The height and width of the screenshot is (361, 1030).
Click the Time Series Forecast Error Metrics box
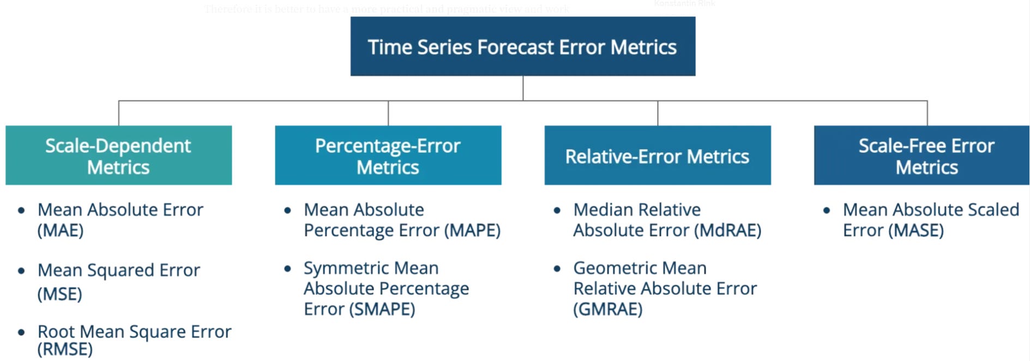click(x=522, y=46)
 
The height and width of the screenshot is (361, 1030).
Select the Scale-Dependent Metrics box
click(x=118, y=156)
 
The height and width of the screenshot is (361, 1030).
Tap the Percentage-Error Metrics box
click(x=388, y=156)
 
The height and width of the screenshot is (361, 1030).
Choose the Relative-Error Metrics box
click(x=657, y=156)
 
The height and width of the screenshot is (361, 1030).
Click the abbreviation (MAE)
click(x=61, y=230)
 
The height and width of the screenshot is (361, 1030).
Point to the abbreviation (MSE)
click(x=60, y=294)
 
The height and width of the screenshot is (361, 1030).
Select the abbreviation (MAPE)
click(x=472, y=230)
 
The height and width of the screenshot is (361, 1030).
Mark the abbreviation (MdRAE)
click(x=727, y=230)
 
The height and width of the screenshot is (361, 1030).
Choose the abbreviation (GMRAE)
click(x=608, y=310)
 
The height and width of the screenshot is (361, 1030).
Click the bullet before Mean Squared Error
click(x=21, y=270)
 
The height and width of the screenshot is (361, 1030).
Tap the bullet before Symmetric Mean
click(x=287, y=268)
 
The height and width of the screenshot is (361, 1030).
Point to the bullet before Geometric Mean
click(x=557, y=268)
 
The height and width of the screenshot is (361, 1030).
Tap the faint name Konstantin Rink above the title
click(x=684, y=4)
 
